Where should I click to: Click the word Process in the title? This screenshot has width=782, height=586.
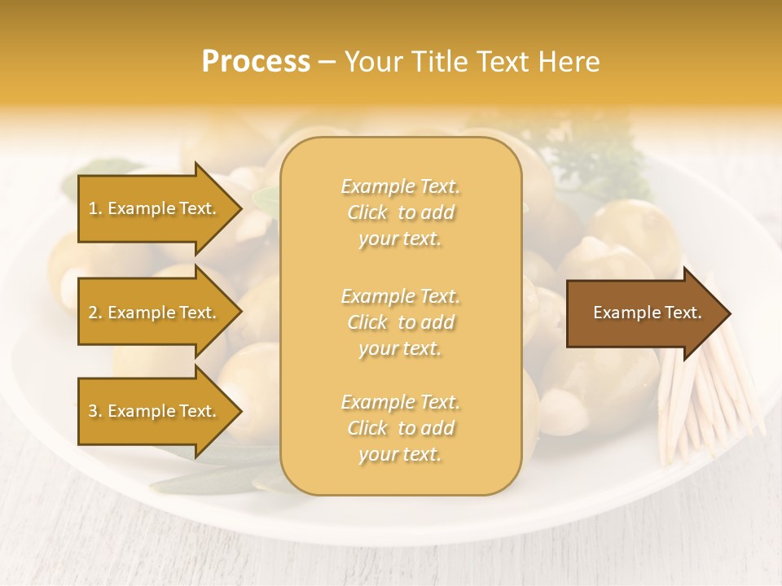(x=256, y=62)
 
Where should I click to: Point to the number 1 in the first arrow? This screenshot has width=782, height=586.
(x=93, y=208)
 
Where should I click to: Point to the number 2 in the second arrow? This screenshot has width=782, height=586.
(x=93, y=313)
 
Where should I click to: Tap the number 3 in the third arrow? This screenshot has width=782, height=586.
(x=93, y=411)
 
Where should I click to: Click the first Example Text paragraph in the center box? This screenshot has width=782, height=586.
(x=400, y=212)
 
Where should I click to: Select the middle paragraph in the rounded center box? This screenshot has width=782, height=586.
(x=400, y=322)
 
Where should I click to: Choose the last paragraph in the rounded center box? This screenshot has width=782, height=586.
(x=400, y=428)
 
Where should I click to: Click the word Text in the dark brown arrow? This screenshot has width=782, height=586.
(x=683, y=313)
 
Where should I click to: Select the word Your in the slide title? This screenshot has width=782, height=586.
(x=370, y=62)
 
